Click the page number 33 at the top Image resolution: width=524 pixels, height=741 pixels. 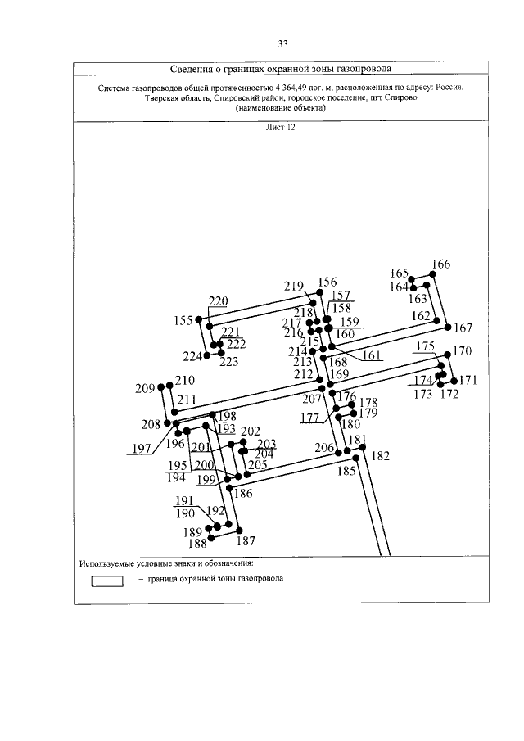pos(282,43)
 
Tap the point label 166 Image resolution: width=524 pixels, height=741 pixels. pos(440,264)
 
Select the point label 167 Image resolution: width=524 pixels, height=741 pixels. pos(463,328)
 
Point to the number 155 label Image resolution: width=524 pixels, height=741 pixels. pos(183,320)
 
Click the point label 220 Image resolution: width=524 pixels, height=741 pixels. pos(218,301)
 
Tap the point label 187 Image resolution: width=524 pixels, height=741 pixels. pos(246,540)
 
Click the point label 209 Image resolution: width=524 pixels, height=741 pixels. pos(145,388)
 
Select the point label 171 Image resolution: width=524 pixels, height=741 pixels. pos(468,380)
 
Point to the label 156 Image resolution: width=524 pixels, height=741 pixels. pos(327,282)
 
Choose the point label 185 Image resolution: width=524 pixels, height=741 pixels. pos(347,471)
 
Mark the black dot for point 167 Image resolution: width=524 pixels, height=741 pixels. pos(448,326)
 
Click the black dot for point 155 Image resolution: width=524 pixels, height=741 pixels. pos(199,320)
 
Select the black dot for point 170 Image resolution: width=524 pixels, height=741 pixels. pos(447,354)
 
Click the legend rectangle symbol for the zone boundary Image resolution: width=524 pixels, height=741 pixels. pos(106,582)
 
